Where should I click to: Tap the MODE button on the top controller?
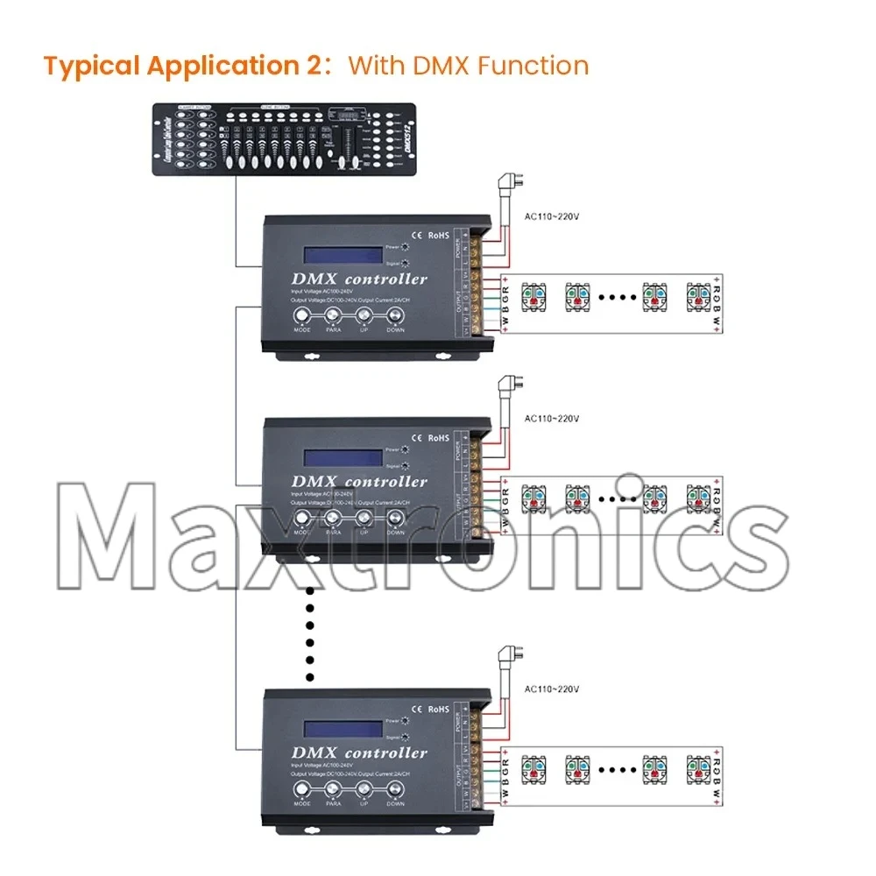click(301, 317)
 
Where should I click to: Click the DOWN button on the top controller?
click(396, 317)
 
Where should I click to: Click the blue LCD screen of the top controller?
click(343, 255)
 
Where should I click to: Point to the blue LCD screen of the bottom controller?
click(343, 728)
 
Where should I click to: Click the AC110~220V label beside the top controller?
click(552, 215)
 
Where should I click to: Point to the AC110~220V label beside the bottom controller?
click(552, 689)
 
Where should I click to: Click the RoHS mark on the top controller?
click(438, 235)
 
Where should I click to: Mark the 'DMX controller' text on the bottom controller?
click(360, 753)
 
